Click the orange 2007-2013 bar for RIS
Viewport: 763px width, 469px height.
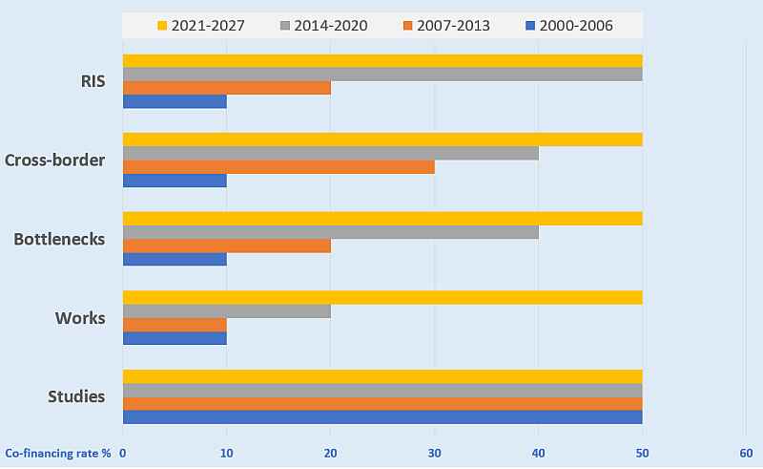(x=227, y=88)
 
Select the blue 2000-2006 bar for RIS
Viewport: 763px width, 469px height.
(x=175, y=101)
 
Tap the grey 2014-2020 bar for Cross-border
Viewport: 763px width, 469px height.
(x=330, y=153)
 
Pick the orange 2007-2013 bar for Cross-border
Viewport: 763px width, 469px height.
(x=278, y=166)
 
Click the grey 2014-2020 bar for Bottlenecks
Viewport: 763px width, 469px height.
(x=330, y=231)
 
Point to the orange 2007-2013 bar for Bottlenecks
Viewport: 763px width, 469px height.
(x=227, y=245)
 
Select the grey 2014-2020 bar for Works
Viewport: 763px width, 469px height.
(x=227, y=310)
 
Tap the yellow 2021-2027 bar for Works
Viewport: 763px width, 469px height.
(x=381, y=297)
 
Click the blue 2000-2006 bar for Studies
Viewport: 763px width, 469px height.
(x=381, y=416)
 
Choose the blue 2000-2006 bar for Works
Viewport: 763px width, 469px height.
(x=175, y=337)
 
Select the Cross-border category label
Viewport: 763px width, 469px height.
(x=54, y=160)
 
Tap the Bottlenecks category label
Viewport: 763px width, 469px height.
(x=59, y=239)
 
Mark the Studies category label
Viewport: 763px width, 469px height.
(x=76, y=395)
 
